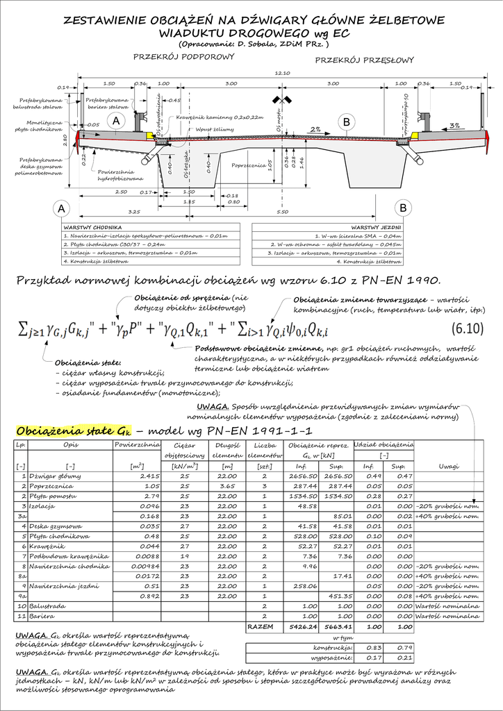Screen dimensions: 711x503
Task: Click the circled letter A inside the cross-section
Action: [x=116, y=122]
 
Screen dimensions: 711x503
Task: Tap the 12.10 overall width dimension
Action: [x=282, y=72]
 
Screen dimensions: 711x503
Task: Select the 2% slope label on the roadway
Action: [x=315, y=129]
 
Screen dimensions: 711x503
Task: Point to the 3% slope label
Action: [x=455, y=126]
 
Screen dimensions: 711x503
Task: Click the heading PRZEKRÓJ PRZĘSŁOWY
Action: [x=364, y=60]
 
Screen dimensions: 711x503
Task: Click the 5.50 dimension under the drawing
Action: [x=282, y=212]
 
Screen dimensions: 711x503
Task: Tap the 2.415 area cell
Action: [x=150, y=476]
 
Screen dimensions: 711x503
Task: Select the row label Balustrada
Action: [x=48, y=606]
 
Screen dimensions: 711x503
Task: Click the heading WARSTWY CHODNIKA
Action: [x=93, y=227]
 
